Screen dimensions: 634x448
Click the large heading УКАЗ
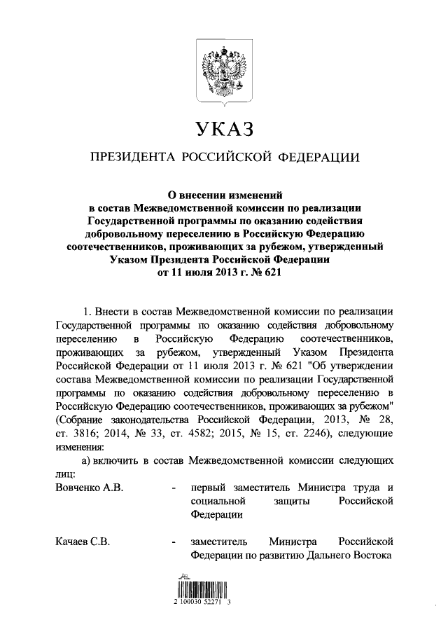[x=223, y=128]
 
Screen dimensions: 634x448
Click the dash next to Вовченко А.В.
[x=173, y=488]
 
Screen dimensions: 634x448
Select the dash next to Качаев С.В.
[x=173, y=542]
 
